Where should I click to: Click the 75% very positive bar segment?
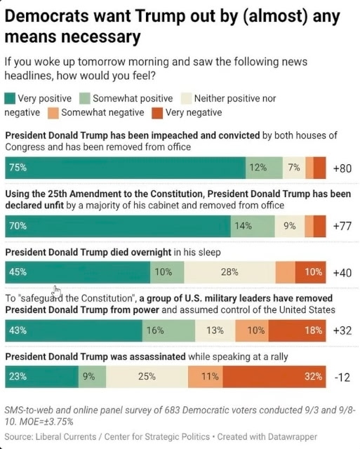click(125, 168)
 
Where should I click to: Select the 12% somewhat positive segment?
click(264, 168)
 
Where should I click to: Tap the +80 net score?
click(342, 168)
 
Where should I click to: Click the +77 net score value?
click(342, 226)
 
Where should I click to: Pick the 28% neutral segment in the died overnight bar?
click(229, 272)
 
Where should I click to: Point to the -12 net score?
click(342, 377)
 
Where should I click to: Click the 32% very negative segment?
click(274, 377)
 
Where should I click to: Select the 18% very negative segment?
click(298, 330)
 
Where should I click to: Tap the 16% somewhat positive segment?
click(168, 330)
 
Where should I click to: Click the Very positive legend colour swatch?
click(10, 98)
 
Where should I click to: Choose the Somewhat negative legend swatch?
click(53, 113)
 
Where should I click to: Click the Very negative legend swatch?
click(157, 113)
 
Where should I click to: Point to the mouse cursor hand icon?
click(57, 292)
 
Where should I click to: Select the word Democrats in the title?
click(47, 16)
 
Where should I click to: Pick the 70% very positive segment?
click(118, 226)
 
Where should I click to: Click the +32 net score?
click(342, 330)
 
